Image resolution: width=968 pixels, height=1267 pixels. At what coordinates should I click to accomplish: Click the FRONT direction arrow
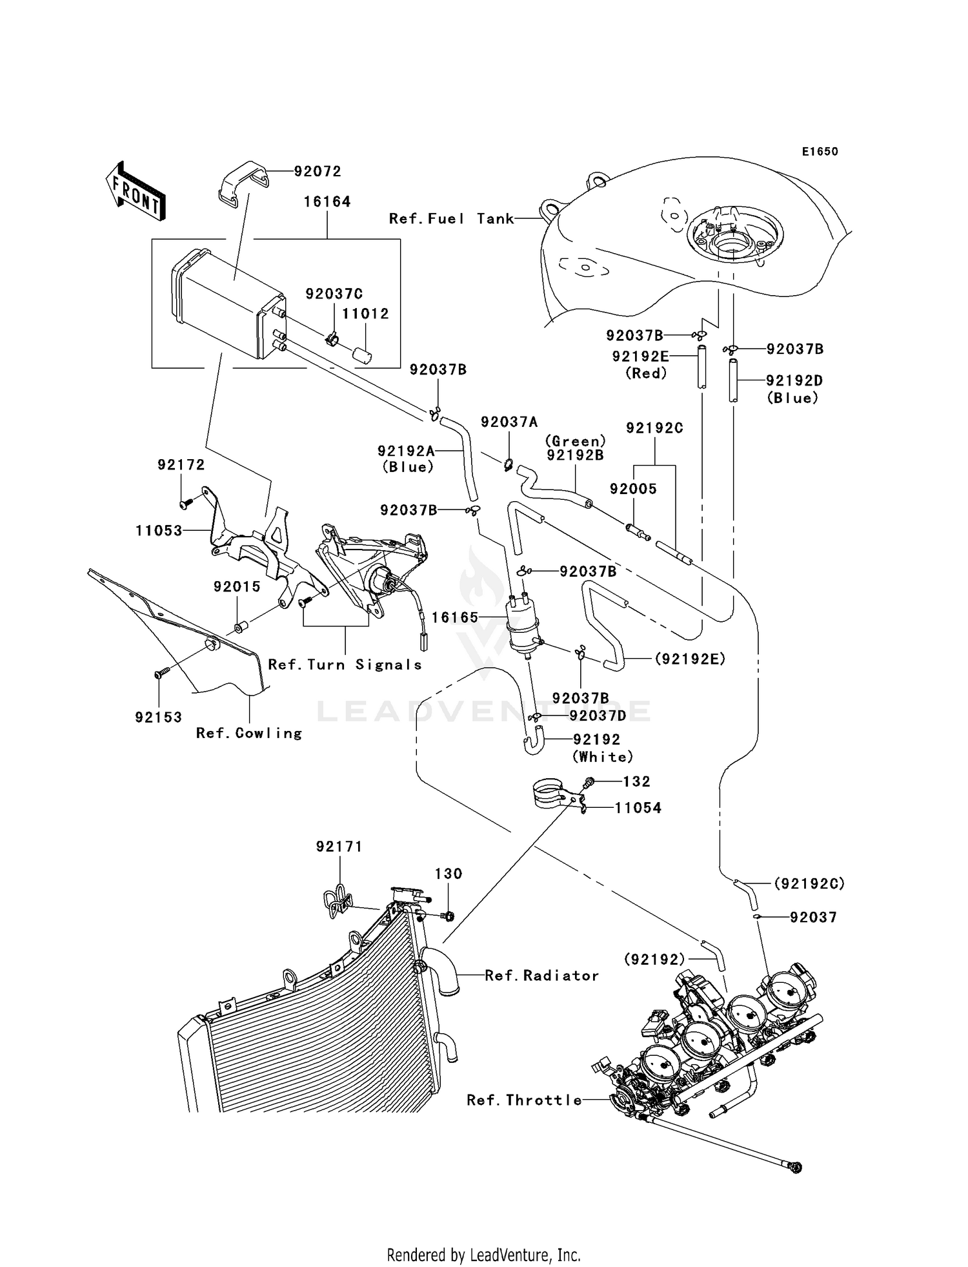point(136,192)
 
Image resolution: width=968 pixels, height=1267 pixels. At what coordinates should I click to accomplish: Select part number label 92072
point(318,171)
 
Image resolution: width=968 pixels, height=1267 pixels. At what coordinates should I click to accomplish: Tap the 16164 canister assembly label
point(327,201)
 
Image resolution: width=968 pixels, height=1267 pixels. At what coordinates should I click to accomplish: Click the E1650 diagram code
point(820,151)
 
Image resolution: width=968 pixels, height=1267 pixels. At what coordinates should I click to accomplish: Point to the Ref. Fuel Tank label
point(451,219)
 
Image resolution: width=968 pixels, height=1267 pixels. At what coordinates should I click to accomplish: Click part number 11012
point(365,314)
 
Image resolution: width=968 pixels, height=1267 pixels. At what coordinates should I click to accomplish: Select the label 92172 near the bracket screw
point(181,465)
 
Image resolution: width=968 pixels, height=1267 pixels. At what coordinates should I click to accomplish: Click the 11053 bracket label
point(159,531)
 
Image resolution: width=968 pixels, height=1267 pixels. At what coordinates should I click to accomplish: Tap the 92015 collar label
point(237,586)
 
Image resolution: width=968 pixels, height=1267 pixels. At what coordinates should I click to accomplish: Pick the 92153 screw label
point(159,717)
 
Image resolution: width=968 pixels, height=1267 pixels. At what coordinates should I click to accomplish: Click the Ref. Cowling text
point(249,733)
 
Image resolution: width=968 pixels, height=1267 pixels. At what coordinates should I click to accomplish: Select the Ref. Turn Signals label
point(345,664)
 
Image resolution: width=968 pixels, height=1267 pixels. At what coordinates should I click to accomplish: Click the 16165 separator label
point(455,617)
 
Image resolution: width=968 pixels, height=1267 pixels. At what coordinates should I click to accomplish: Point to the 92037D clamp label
point(598,716)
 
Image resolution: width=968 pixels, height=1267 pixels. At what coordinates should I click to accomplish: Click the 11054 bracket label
point(638,808)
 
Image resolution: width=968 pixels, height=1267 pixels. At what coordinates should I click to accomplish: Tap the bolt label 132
point(636,781)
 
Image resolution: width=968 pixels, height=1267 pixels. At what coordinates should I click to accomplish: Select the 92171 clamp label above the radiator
point(339,846)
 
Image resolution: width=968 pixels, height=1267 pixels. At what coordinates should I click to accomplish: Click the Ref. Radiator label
point(541,975)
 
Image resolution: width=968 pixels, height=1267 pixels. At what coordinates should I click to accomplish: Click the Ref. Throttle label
point(524,1100)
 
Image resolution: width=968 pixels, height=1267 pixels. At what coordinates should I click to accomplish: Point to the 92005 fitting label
point(633,489)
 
